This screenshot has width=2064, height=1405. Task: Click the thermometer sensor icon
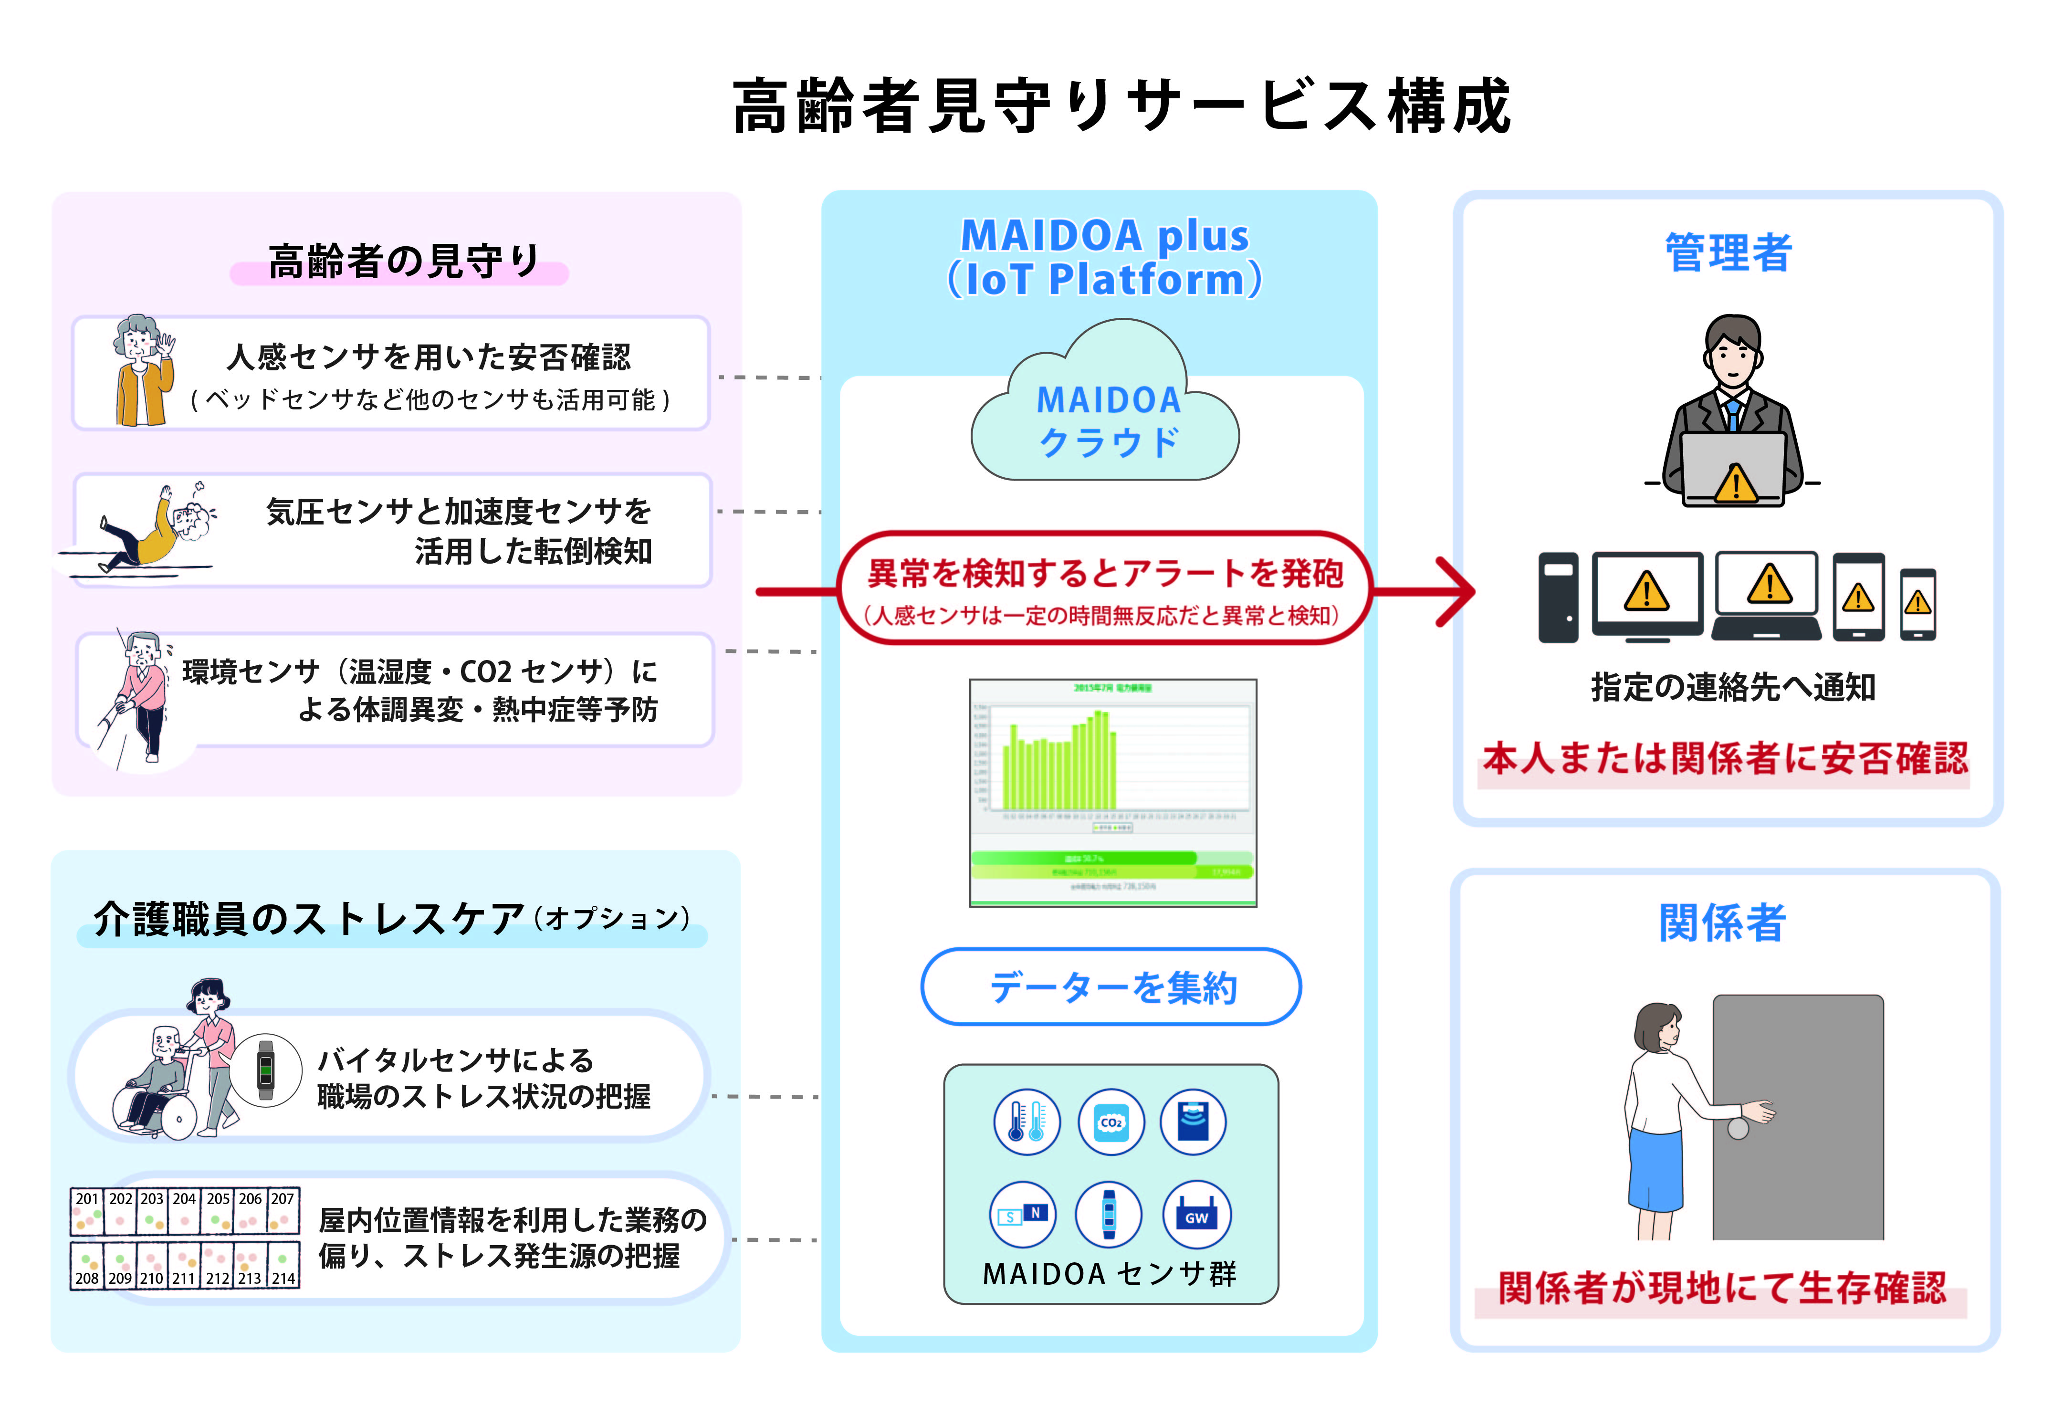click(1026, 1122)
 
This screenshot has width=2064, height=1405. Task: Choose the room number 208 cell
click(86, 1266)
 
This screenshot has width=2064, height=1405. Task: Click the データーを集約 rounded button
click(1111, 986)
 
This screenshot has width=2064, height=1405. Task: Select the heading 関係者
click(1722, 923)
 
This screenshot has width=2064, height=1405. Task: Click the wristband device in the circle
click(265, 1070)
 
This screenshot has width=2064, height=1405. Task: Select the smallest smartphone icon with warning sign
click(1917, 604)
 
